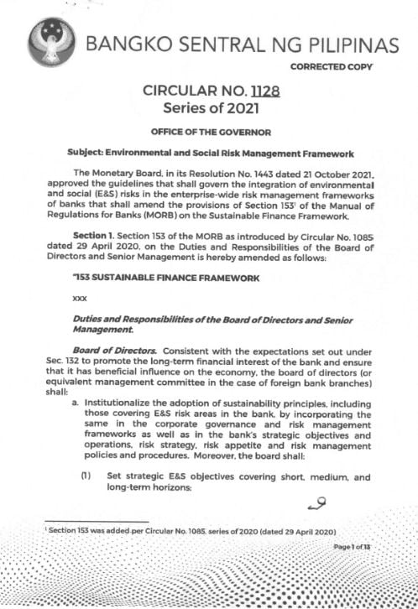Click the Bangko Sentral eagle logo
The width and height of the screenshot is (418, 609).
53,43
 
